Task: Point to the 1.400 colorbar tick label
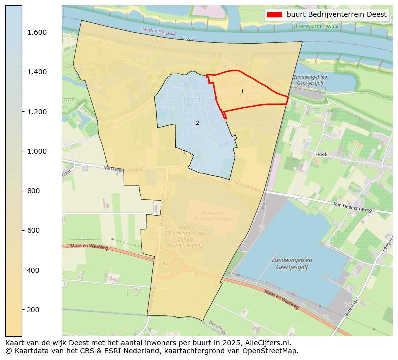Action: pos(37,72)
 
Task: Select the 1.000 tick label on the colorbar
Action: pos(37,151)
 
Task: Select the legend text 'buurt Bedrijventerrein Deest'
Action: pos(336,14)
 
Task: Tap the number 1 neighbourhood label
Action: pos(242,92)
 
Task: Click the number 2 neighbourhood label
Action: pos(197,123)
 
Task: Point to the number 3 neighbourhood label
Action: pos(184,153)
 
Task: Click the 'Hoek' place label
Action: pos(321,154)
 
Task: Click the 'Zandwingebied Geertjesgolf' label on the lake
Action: pos(292,264)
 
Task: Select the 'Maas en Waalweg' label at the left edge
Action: pos(89,247)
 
